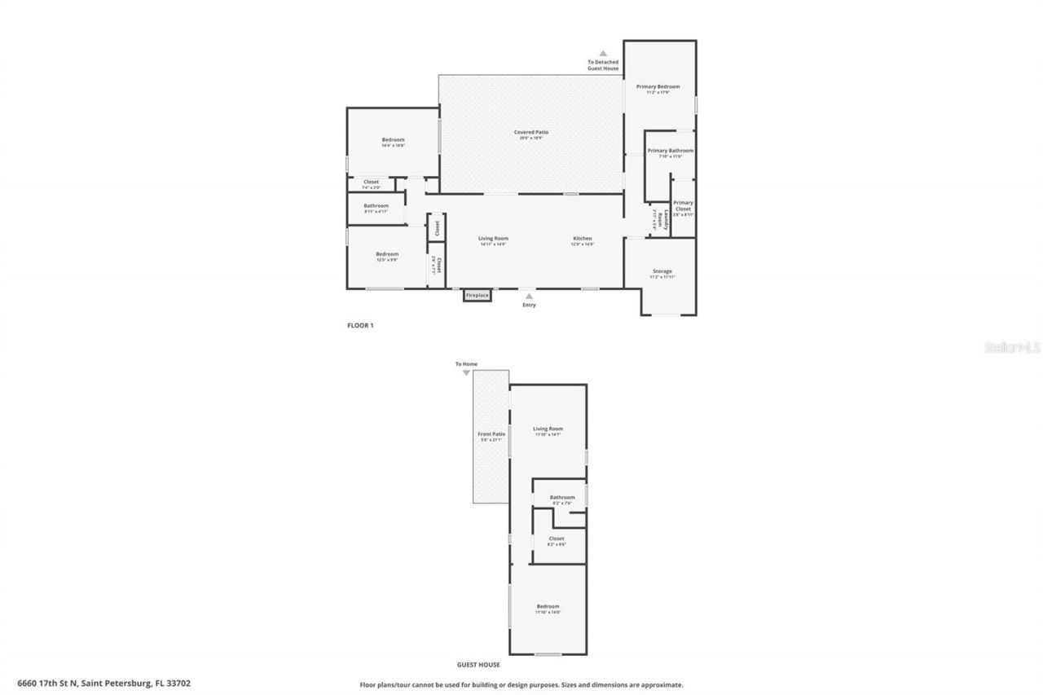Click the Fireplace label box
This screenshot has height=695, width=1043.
477,295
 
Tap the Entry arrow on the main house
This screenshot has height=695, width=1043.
529,297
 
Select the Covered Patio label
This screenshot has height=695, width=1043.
530,132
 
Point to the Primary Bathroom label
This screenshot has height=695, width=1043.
670,151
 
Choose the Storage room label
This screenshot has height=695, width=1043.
662,271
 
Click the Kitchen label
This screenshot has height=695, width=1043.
582,239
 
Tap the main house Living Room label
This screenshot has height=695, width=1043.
493,239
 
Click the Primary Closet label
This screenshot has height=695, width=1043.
683,205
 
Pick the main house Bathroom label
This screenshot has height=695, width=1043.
376,206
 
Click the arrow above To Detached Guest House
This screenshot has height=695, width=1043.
603,54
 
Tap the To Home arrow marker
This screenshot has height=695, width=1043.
466,373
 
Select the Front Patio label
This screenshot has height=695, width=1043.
491,434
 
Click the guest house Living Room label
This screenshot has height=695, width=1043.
548,429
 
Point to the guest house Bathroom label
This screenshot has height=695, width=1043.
561,498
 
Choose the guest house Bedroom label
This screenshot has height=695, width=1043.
548,606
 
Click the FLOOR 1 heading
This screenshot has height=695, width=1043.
360,325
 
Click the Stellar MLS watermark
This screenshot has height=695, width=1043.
1012,347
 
